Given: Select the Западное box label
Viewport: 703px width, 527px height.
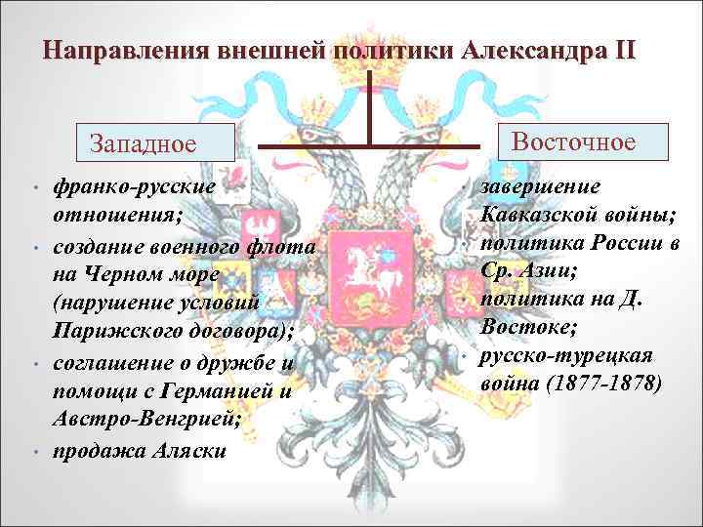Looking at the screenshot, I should (x=143, y=144).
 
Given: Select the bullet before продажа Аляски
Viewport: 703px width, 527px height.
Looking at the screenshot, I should (x=34, y=452).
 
